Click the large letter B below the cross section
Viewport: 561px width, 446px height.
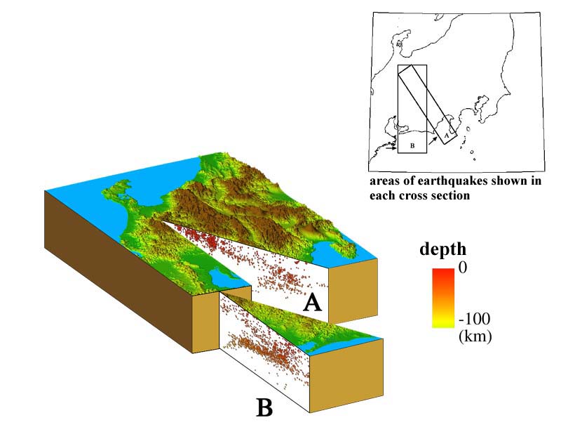click(x=265, y=407)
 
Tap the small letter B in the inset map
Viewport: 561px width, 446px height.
click(x=412, y=146)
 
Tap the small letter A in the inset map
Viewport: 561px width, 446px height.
click(x=446, y=136)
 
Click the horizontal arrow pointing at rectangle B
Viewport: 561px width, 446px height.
click(x=392, y=147)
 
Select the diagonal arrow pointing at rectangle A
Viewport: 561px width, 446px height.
click(x=432, y=140)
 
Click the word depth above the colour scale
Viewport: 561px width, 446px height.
click(x=442, y=249)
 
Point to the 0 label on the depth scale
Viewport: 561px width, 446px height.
click(x=462, y=267)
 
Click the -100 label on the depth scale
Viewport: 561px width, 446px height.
click(x=475, y=318)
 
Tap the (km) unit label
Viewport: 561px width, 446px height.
click(x=475, y=336)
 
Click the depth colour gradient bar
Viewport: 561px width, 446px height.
click(x=443, y=298)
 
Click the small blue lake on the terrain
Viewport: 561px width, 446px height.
click(x=221, y=277)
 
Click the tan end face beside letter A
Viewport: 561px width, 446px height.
click(x=353, y=289)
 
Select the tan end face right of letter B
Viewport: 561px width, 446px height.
click(x=346, y=375)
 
